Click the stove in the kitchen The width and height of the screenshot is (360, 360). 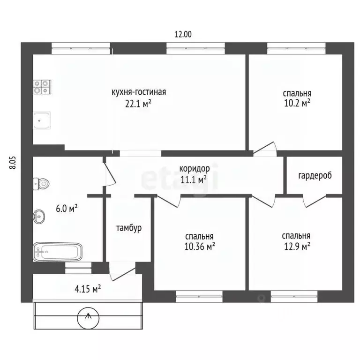tap(42, 87)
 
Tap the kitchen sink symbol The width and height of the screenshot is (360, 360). tap(42, 120)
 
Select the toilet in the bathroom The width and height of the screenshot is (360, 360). tap(41, 184)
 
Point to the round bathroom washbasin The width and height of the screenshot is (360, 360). tap(39, 216)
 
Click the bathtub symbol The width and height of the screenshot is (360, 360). tap(57, 252)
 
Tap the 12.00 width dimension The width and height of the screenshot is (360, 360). tap(183, 34)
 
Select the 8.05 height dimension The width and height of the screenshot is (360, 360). tap(13, 163)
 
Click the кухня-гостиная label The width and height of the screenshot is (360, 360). tap(139, 92)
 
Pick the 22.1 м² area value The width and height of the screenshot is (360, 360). tap(138, 104)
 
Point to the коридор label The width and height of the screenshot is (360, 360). tap(195, 169)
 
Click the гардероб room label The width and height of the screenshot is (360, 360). tap(315, 176)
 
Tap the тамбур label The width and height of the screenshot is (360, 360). tap(129, 228)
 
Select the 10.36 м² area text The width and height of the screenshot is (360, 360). tap(200, 247)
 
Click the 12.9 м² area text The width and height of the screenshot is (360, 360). tap(297, 247)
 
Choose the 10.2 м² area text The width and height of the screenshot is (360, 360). tap(297, 103)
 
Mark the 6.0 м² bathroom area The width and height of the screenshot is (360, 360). tap(67, 209)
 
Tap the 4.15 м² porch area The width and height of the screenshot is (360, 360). tap(88, 289)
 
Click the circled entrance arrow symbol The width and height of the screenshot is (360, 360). tap(88, 318)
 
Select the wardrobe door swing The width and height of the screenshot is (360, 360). tap(315, 201)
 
